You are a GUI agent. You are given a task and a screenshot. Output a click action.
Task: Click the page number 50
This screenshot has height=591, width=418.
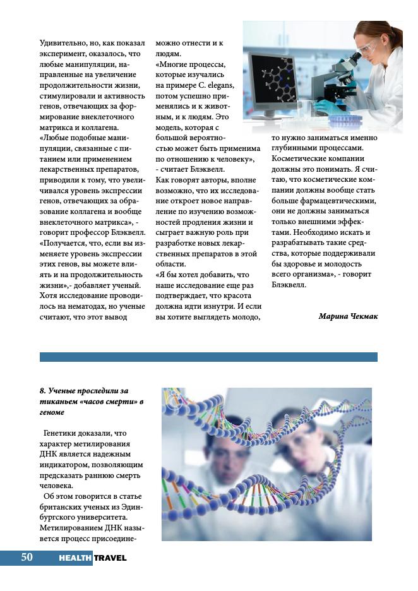click(27, 557)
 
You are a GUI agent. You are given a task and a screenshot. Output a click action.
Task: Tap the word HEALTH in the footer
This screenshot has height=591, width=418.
click(75, 558)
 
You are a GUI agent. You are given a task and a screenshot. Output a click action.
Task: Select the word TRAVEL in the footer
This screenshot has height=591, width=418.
click(110, 558)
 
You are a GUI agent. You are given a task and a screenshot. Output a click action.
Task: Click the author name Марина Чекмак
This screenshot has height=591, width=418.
click(348, 316)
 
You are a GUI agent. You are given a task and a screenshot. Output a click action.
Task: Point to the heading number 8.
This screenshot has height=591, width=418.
click(42, 391)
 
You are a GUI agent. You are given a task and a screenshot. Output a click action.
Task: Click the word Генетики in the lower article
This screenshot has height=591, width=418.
click(61, 433)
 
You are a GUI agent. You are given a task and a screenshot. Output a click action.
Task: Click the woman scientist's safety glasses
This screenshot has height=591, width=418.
click(368, 47)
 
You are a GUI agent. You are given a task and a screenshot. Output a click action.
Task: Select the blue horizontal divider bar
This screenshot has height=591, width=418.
click(208, 357)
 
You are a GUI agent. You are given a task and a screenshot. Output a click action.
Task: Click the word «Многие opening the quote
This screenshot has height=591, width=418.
click(174, 64)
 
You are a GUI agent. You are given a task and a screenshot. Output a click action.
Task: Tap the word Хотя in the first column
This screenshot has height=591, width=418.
click(49, 295)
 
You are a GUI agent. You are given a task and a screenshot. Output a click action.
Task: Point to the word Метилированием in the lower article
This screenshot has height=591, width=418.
click(71, 527)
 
